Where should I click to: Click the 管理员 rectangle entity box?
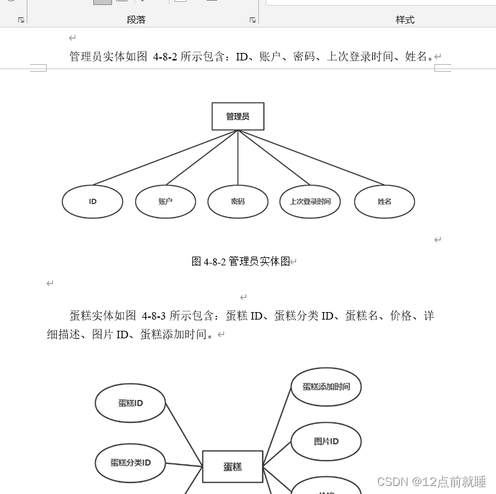pyautogui.click(x=238, y=116)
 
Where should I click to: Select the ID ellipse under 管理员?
pyautogui.click(x=93, y=202)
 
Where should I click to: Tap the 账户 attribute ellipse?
pyautogui.click(x=166, y=202)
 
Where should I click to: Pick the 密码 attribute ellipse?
pyautogui.click(x=238, y=202)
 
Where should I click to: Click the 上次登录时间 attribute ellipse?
pyautogui.click(x=310, y=202)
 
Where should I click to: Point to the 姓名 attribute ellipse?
pyautogui.click(x=384, y=202)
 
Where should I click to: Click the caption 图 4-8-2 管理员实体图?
pyautogui.click(x=241, y=262)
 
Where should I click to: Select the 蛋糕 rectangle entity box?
pyautogui.click(x=233, y=466)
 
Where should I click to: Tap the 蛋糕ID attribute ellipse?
pyautogui.click(x=131, y=403)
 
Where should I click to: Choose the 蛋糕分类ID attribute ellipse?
pyautogui.click(x=131, y=463)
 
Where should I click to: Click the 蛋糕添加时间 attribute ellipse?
pyautogui.click(x=326, y=387)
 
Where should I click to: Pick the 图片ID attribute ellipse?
pyautogui.click(x=326, y=442)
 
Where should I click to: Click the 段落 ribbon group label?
pyautogui.click(x=136, y=19)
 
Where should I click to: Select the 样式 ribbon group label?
pyautogui.click(x=405, y=19)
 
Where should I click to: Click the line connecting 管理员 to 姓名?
pyautogui.click(x=311, y=158)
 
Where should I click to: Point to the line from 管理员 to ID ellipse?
pyautogui.click(x=165, y=158)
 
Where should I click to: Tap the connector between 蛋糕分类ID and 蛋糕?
pyautogui.click(x=184, y=465)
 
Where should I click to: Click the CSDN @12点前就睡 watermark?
pyautogui.click(x=431, y=482)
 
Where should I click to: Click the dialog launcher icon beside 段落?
pyautogui.click(x=253, y=20)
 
